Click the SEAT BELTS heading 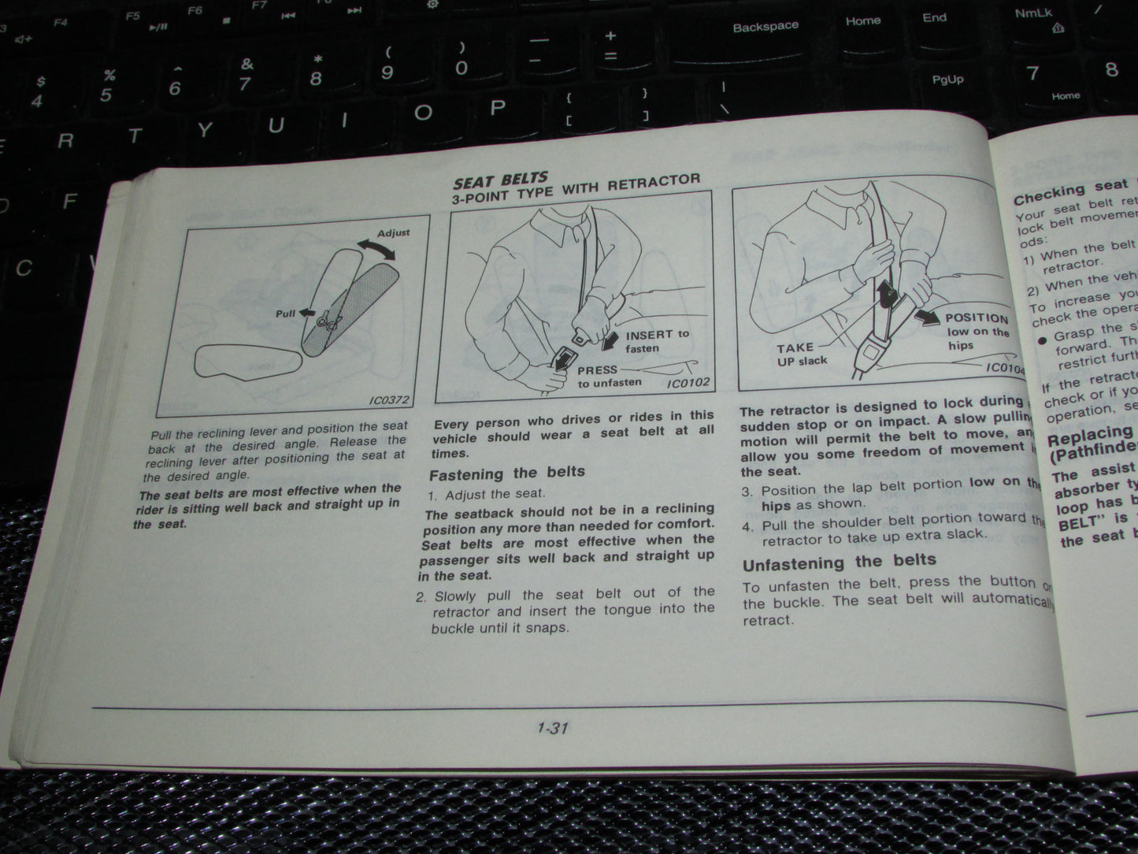[x=500, y=180]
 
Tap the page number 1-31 [x=552, y=728]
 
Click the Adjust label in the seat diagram [x=393, y=233]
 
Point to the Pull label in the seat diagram [x=285, y=314]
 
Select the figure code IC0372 [x=389, y=400]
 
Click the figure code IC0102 [x=688, y=384]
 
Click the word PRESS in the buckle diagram [x=597, y=370]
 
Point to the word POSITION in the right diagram [x=977, y=318]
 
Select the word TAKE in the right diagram [x=795, y=347]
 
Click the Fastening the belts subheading [x=506, y=473]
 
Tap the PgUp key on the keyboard [x=947, y=80]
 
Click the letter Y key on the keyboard [x=205, y=130]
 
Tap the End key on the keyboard [x=934, y=18]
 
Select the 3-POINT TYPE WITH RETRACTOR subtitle [x=576, y=189]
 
